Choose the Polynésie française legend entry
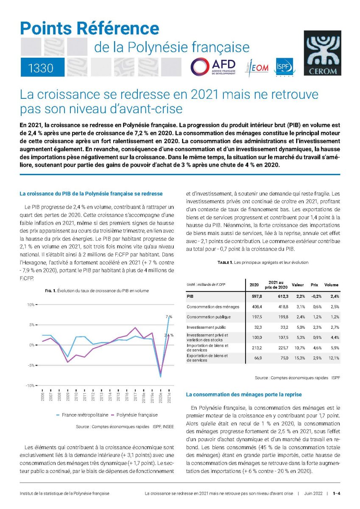pyautogui.click(x=134, y=415)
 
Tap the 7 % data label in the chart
pyautogui.click(x=169, y=316)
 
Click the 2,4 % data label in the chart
pyautogui.click(x=169, y=336)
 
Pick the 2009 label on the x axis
pyautogui.click(x=67, y=397)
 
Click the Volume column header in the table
pyautogui.click(x=331, y=285)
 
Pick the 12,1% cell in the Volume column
pyautogui.click(x=333, y=358)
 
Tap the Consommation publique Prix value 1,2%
pyautogui.click(x=314, y=317)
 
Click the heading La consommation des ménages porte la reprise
pyautogui.click(x=244, y=394)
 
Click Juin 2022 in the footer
pyautogui.click(x=313, y=493)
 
